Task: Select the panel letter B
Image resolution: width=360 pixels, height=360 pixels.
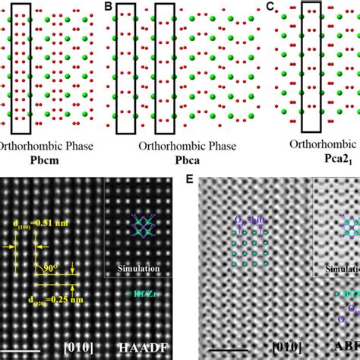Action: (x=108, y=7)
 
